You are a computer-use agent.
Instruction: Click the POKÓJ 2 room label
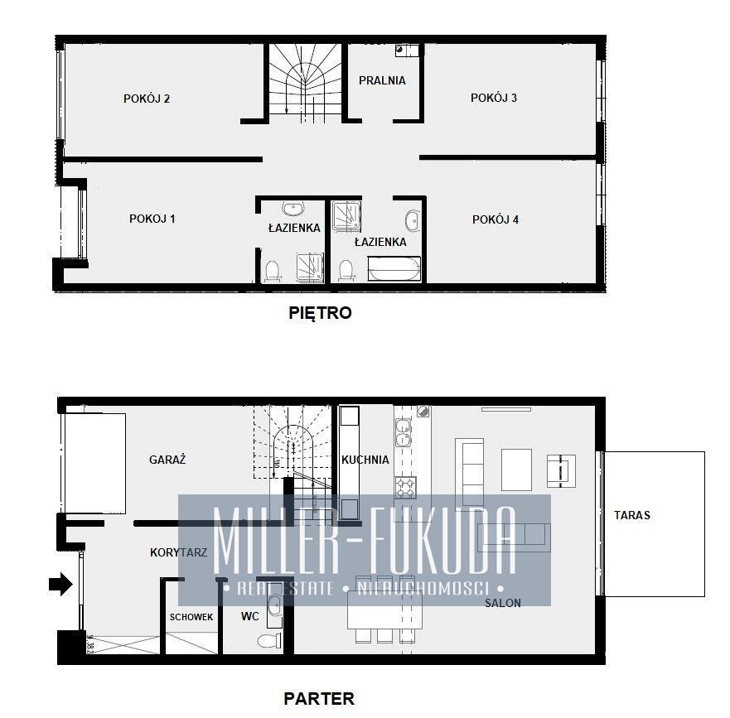point(147,99)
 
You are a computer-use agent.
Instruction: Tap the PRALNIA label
point(382,80)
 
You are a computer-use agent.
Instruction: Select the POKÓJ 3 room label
point(494,98)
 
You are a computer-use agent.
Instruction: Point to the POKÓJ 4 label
point(496,219)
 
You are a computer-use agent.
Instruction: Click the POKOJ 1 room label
point(152,219)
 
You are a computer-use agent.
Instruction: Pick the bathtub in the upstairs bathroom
point(394,269)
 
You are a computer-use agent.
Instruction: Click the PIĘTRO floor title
point(320,313)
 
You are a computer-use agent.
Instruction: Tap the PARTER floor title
point(319,698)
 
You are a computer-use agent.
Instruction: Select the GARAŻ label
point(167,460)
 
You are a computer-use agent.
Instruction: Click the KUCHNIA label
point(365,460)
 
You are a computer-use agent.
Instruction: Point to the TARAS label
point(631,515)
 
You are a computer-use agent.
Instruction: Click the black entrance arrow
point(60,584)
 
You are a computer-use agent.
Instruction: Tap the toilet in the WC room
point(269,641)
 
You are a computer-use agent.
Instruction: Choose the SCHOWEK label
point(191,617)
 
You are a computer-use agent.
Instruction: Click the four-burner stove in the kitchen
point(405,487)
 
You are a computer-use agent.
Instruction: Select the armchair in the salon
point(561,471)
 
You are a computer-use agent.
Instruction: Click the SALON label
point(503,603)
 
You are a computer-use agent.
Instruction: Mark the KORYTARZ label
point(178,552)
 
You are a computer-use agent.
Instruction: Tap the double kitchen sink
point(403,432)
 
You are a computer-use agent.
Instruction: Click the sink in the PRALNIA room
point(400,49)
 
